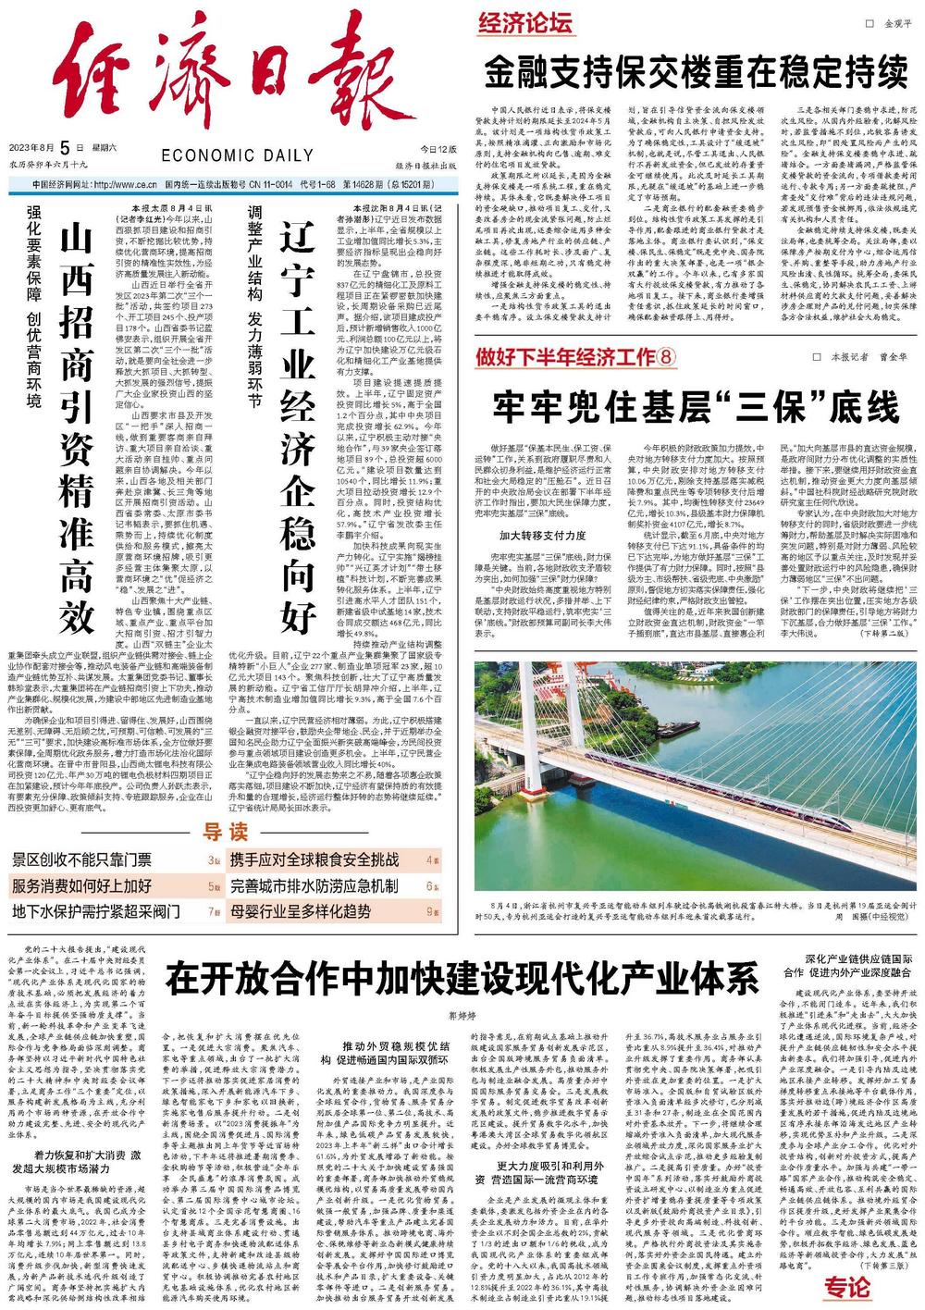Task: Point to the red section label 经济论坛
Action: point(525,24)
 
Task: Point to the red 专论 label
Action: point(847,1287)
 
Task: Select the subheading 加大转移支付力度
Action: point(544,536)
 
